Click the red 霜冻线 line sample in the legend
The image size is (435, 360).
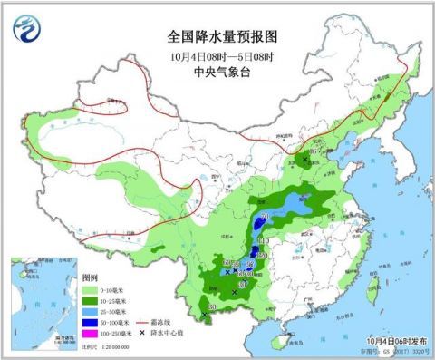141,322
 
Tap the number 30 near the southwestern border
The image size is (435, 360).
212,308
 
